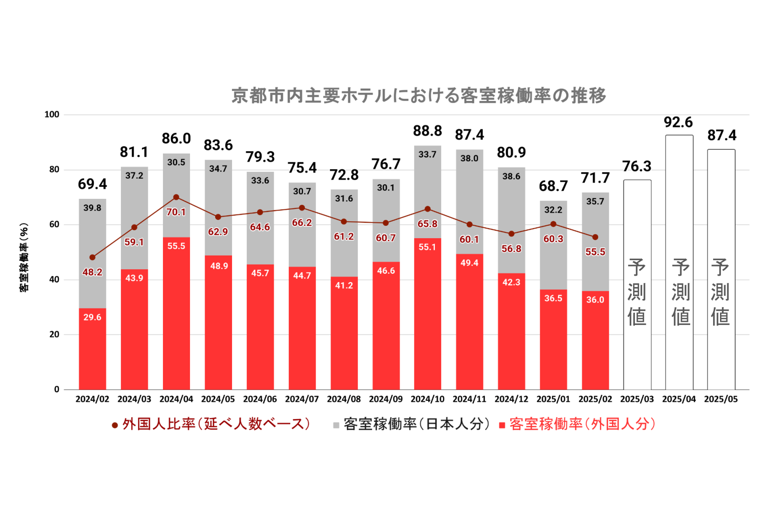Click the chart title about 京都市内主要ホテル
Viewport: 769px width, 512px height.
tap(418, 96)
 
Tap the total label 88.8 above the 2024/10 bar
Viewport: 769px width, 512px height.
tap(427, 131)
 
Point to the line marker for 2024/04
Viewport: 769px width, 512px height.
tap(176, 197)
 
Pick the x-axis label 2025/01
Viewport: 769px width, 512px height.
tap(553, 399)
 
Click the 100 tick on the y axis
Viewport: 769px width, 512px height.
tap(52, 115)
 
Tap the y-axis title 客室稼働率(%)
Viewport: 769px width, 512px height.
tap(24, 257)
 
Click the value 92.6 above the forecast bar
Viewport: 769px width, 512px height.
tap(678, 123)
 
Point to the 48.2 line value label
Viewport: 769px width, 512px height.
tap(92, 272)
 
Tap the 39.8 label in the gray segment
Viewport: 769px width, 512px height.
tap(92, 208)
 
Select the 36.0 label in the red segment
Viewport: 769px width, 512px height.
tap(595, 300)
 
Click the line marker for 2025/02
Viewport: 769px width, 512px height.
tap(595, 237)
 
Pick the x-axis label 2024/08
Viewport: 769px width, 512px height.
tap(344, 399)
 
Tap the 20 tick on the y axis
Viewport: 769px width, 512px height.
tap(54, 335)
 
